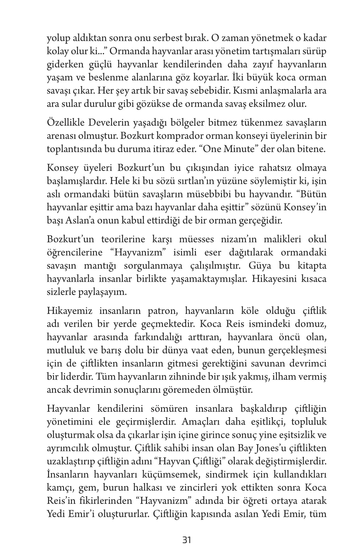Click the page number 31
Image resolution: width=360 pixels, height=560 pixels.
click(187, 540)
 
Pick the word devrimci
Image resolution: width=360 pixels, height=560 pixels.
click(308, 364)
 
